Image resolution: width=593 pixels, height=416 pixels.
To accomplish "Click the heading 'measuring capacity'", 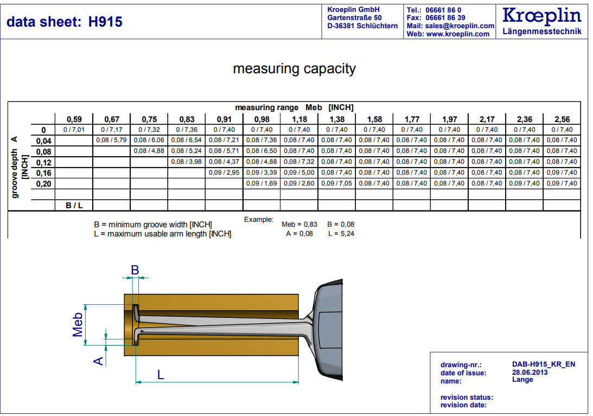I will click(294, 69).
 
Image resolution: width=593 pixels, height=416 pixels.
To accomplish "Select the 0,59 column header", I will click(74, 119).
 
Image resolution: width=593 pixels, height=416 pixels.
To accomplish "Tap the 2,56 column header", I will click(562, 119).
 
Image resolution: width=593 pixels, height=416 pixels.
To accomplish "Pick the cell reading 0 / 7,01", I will click(74, 130).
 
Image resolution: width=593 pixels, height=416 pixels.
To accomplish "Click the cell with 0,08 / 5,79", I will click(111, 140).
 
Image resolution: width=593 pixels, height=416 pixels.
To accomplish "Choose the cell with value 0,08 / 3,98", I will click(186, 162).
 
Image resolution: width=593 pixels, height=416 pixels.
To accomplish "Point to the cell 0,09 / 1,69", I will click(262, 183).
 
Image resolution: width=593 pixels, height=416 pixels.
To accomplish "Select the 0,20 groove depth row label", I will click(43, 184).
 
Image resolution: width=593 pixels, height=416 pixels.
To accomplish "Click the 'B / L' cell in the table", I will click(74, 206).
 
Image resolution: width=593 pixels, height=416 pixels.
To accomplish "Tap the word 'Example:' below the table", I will click(259, 219).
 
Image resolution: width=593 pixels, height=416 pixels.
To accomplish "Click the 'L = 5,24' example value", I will click(341, 234).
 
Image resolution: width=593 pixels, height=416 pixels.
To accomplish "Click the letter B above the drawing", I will click(135, 270).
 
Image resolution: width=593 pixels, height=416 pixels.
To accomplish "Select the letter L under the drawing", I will click(161, 374).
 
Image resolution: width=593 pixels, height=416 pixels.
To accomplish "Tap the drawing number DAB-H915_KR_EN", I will click(543, 364).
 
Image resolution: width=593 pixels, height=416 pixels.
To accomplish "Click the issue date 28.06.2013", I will click(530, 372).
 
